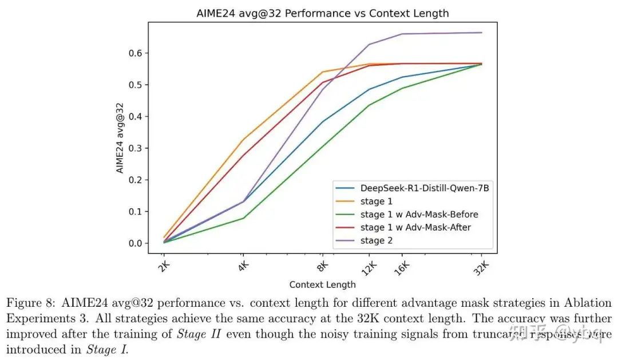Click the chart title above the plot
[322, 13]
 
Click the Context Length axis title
[322, 284]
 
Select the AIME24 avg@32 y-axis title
[120, 137]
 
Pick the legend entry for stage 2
[377, 240]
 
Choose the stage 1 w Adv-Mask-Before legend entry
[419, 214]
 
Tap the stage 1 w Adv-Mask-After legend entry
[415, 227]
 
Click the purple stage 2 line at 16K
[402, 34]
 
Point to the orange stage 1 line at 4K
[243, 140]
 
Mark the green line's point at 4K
[243, 218]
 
